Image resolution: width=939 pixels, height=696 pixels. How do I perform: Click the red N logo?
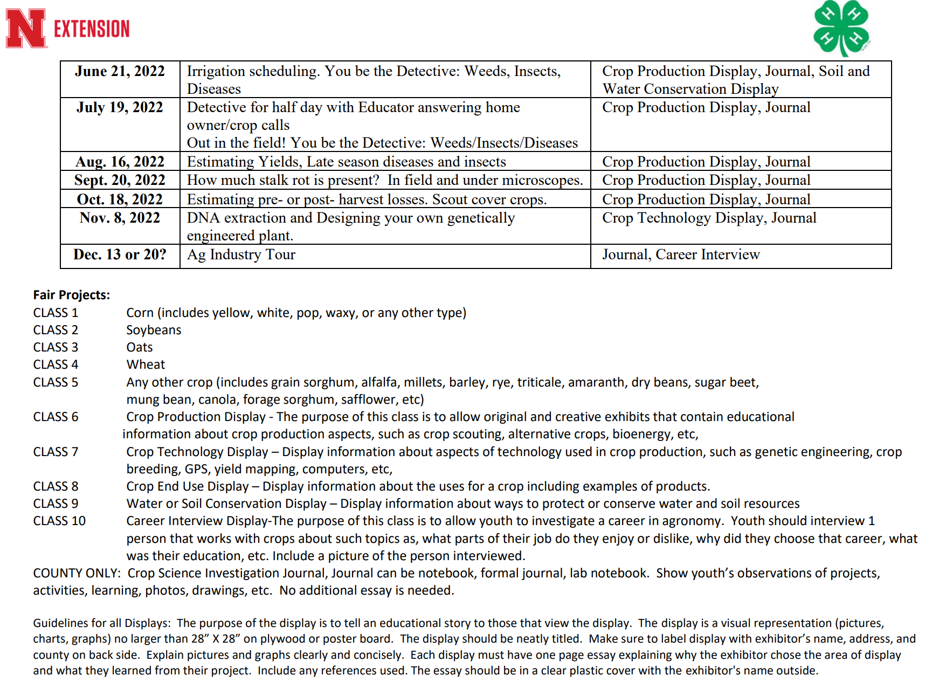click(25, 29)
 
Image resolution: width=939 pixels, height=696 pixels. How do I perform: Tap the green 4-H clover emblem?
click(841, 28)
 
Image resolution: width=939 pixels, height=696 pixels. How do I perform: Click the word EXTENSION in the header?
click(92, 29)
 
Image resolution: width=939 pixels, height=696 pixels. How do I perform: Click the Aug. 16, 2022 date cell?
click(120, 162)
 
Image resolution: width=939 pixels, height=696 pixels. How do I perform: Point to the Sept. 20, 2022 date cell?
click(120, 180)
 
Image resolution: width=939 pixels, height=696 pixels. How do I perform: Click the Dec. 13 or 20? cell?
click(120, 254)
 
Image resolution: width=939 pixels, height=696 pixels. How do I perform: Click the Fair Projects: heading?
click(71, 295)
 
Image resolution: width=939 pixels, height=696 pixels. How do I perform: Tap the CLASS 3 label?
click(56, 347)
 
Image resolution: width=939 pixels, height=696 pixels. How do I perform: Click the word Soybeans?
click(154, 330)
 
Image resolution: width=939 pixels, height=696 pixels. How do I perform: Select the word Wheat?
click(146, 364)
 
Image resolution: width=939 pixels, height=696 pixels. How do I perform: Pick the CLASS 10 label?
click(59, 521)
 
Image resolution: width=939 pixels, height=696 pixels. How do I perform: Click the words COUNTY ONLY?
click(77, 573)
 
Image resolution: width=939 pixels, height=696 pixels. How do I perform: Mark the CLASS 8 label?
click(56, 486)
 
